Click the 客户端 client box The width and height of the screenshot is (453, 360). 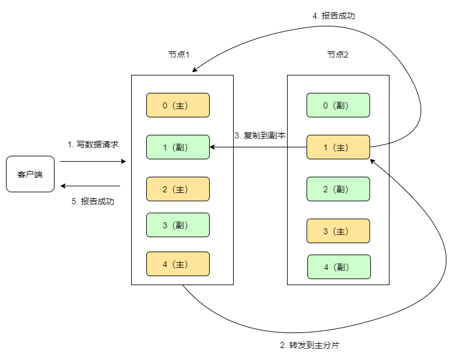(30, 174)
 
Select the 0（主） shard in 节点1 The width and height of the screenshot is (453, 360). (178, 105)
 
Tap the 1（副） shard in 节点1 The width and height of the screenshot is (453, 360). (178, 147)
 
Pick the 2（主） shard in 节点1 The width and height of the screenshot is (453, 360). (178, 189)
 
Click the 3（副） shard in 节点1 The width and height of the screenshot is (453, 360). (178, 225)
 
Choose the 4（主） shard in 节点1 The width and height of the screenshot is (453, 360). (178, 264)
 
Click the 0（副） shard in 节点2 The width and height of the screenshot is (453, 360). (338, 105)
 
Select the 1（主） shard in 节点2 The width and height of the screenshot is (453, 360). (338, 147)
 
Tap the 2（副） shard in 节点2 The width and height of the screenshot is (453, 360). (338, 189)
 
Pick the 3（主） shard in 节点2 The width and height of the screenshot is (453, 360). (338, 231)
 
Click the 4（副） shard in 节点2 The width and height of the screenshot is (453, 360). (339, 267)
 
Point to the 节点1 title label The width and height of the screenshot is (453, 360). (179, 55)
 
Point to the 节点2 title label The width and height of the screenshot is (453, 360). (337, 55)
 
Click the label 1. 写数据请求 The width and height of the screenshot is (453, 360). (93, 144)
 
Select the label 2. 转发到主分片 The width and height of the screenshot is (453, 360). (314, 346)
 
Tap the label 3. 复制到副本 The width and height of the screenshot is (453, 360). (259, 135)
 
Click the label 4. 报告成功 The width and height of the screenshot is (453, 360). (334, 16)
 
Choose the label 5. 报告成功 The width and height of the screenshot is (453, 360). (93, 202)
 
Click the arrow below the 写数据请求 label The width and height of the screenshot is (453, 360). (93, 162)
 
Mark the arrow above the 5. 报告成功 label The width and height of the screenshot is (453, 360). (93, 186)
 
